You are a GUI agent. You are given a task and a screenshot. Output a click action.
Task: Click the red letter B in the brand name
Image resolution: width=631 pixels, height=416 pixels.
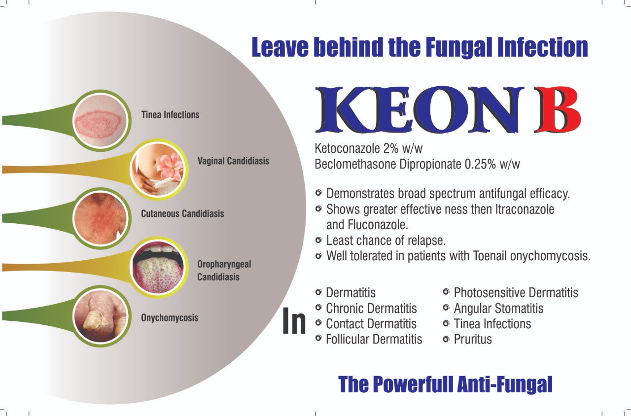pos(558,109)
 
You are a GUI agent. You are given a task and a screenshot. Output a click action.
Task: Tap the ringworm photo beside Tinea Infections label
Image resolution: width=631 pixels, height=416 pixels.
pos(101,121)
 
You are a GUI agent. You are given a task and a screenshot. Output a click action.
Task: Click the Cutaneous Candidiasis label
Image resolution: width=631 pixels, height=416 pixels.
pos(182,213)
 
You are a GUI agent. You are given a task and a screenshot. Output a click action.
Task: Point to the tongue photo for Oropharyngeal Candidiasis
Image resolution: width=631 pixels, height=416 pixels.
pos(158,267)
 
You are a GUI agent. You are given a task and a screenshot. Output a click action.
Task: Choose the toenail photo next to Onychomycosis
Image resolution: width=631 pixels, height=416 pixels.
pos(101,316)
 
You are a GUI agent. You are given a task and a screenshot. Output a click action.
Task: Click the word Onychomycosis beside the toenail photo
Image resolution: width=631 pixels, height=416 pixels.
pos(170,318)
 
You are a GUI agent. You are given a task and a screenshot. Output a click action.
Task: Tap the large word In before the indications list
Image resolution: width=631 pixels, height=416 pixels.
pos(294,321)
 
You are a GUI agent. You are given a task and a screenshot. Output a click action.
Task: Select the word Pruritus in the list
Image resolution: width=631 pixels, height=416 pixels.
pos(473,339)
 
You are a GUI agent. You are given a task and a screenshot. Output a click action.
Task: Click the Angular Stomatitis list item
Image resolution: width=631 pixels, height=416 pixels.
pos(498,308)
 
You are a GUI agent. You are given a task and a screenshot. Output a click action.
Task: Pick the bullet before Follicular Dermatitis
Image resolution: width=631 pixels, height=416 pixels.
pos(318,338)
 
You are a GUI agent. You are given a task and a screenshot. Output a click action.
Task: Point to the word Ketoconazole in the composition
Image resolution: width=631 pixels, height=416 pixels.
pos(348,148)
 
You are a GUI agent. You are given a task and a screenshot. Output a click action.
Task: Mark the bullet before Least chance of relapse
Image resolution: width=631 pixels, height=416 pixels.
pos(318,240)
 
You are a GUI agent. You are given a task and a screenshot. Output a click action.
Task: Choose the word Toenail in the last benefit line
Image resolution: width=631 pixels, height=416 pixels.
pos(490,256)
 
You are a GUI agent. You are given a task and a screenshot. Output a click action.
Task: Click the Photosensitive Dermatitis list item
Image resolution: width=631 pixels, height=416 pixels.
pos(516,293)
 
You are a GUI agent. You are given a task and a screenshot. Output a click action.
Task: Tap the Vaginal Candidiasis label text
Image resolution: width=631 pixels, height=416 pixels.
pos(233,161)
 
